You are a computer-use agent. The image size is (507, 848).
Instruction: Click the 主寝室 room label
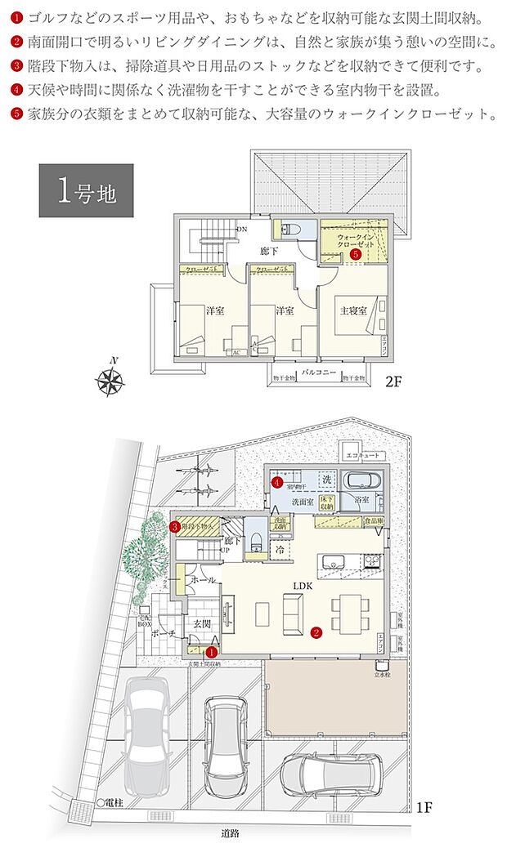point(355,310)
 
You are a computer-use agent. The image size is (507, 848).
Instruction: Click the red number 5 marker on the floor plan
point(355,255)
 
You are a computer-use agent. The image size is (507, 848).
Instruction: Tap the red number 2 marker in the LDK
point(316,632)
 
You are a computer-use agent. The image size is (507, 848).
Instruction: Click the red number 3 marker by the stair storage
point(176,527)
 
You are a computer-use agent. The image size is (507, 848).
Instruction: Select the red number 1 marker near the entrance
point(211,652)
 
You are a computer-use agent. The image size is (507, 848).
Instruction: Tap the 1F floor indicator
point(424,809)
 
